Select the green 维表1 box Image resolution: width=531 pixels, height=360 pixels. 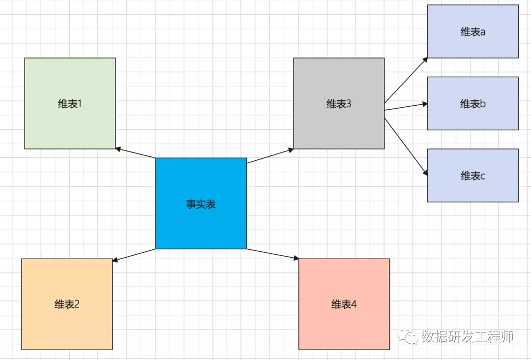click(x=70, y=123)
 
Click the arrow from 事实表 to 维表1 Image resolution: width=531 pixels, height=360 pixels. click(x=135, y=153)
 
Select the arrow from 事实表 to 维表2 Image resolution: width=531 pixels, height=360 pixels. click(x=134, y=255)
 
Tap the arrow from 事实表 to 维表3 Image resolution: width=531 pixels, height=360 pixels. click(x=270, y=156)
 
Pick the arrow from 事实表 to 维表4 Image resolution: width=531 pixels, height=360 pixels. click(x=273, y=254)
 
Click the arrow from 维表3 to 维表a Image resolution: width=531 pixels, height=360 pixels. click(x=406, y=80)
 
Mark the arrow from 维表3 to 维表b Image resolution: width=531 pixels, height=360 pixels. click(x=406, y=107)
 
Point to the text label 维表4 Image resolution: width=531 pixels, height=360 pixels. click(x=344, y=304)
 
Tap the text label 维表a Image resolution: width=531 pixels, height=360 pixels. click(x=472, y=32)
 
